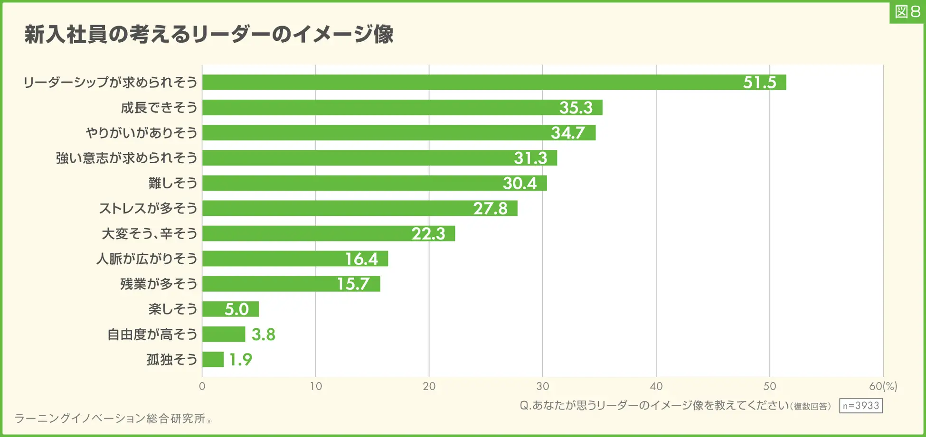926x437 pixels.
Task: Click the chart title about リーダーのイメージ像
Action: click(209, 34)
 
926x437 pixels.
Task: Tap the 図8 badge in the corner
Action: click(907, 12)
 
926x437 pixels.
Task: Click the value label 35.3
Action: click(576, 108)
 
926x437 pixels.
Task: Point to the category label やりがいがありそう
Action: click(142, 133)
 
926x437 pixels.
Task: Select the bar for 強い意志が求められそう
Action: click(379, 158)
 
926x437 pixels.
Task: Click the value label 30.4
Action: click(520, 183)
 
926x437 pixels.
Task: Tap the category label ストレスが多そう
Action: click(148, 208)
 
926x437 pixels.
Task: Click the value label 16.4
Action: click(361, 259)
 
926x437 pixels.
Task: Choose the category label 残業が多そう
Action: click(159, 284)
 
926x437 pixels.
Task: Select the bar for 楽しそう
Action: click(230, 309)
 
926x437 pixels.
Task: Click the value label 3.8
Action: click(263, 335)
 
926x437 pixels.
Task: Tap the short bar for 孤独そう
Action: click(213, 359)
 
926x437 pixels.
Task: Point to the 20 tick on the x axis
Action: click(429, 386)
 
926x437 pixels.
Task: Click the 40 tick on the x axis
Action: click(656, 386)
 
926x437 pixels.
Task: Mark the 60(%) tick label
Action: click(883, 386)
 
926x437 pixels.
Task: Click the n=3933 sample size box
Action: click(860, 406)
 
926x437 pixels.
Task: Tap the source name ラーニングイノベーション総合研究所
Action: click(110, 418)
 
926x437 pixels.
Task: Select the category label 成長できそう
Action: click(159, 108)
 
